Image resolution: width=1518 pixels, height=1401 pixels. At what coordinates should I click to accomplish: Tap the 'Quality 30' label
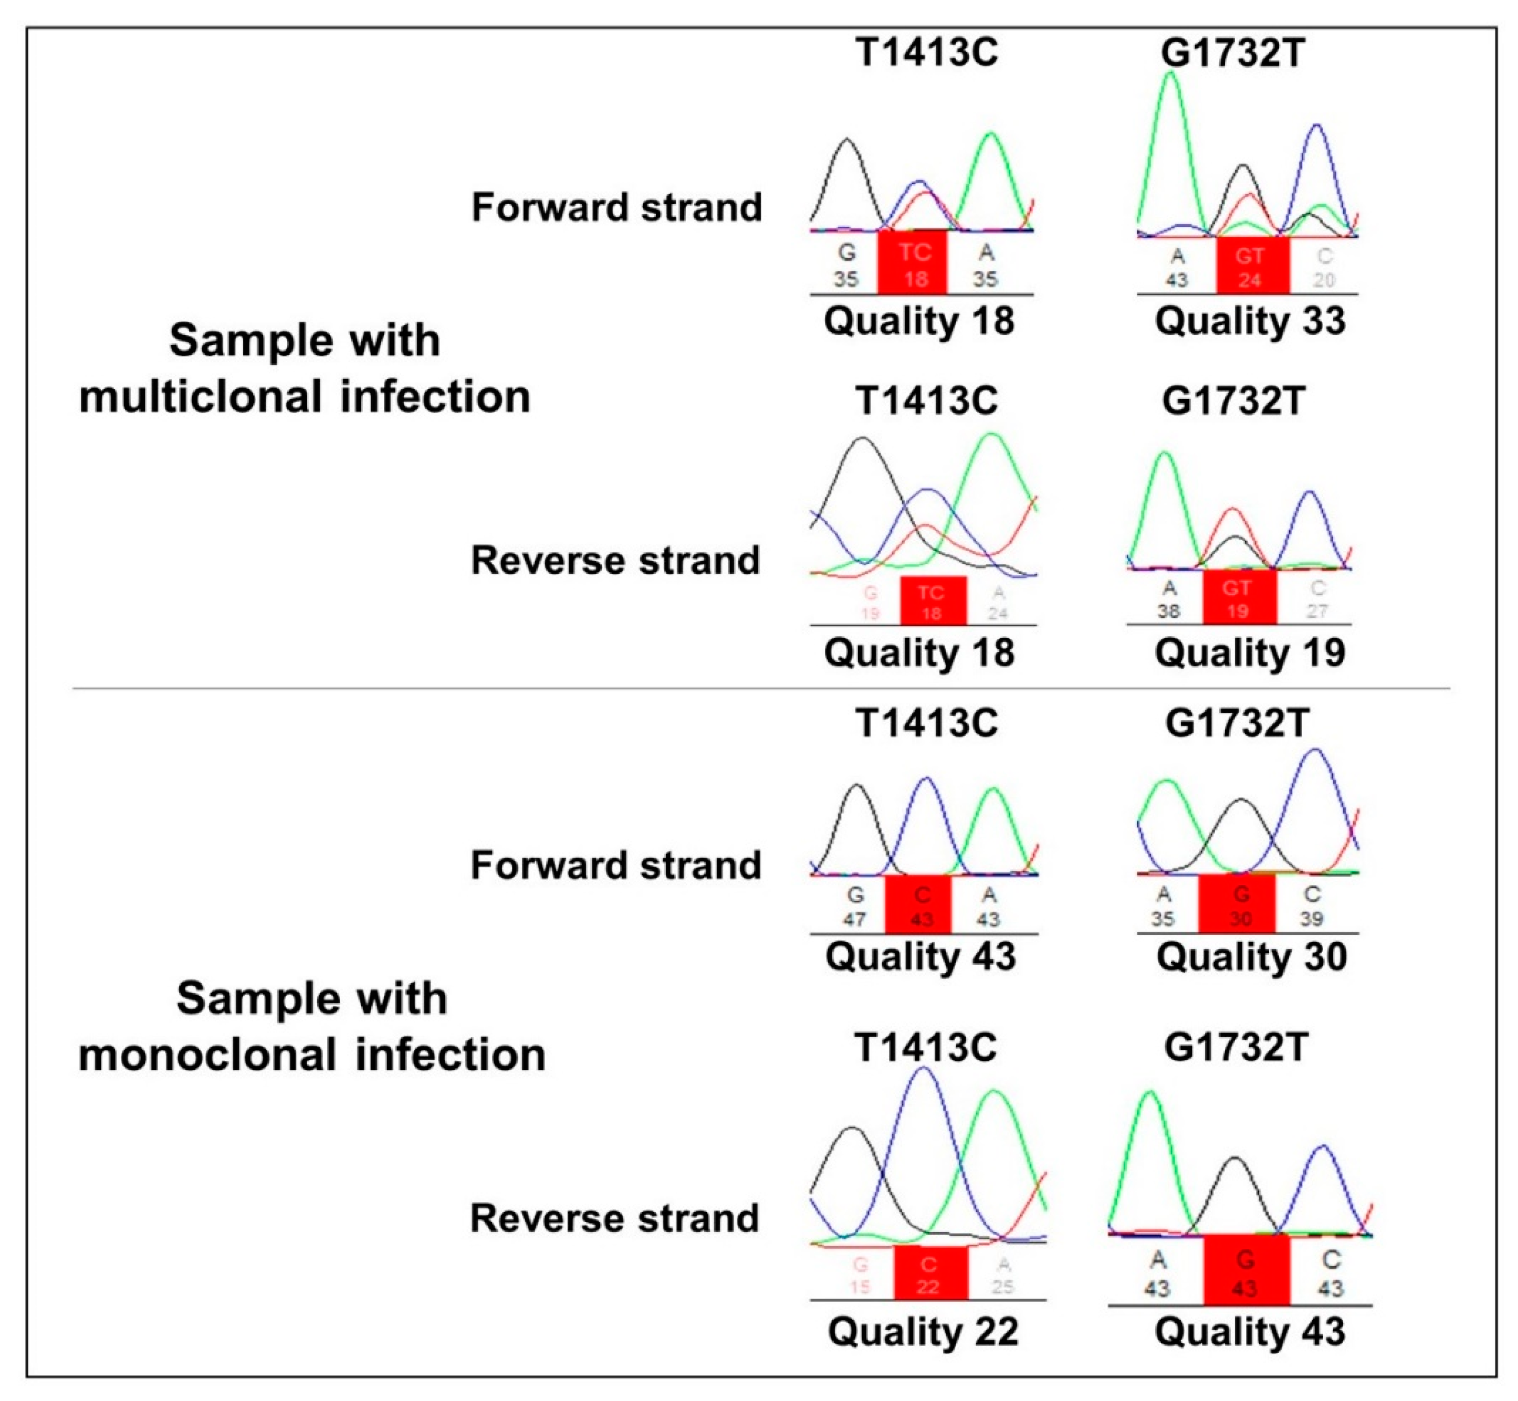point(1251,957)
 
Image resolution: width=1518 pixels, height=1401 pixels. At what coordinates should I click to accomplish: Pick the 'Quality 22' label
point(923,1332)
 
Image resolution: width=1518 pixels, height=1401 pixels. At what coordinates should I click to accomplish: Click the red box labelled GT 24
point(1252,265)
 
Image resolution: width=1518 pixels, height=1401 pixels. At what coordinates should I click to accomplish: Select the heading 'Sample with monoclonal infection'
point(312,1027)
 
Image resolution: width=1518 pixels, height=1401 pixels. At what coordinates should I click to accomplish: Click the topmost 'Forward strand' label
point(616,207)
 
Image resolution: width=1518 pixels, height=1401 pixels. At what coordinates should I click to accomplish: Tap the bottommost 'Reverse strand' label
point(614,1218)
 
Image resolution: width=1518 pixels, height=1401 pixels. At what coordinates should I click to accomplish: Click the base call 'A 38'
point(1168,599)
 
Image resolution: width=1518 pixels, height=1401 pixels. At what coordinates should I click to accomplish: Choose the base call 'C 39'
point(1312,906)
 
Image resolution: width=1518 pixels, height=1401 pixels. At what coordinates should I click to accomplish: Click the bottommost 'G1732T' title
point(1236,1048)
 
